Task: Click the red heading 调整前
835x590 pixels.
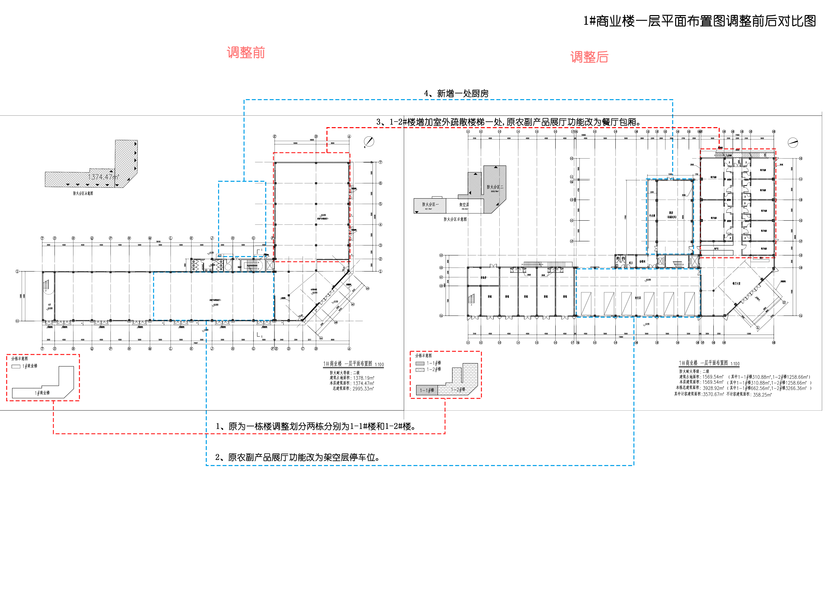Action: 246,53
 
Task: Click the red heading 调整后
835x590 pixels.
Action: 589,57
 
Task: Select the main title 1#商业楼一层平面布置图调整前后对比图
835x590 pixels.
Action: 700,21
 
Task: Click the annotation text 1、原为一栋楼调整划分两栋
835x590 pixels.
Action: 316,426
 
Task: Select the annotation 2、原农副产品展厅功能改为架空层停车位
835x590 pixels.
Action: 297,457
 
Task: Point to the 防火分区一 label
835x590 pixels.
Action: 430,205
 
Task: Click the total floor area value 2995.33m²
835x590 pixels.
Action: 363,389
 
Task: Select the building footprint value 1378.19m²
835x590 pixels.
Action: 363,378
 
